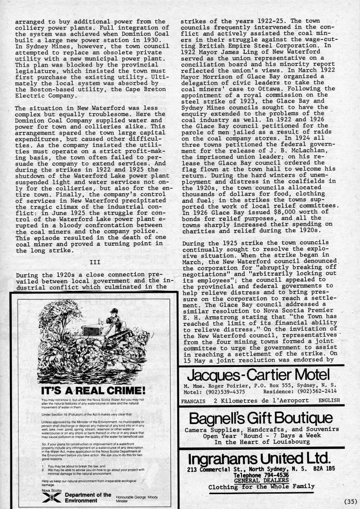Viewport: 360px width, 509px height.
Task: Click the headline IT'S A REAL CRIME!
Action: (x=93, y=390)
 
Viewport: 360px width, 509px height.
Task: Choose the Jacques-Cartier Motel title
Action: (x=258, y=375)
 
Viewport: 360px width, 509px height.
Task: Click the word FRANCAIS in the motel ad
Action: (x=196, y=400)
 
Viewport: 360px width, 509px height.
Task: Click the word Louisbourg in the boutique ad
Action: (x=285, y=441)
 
